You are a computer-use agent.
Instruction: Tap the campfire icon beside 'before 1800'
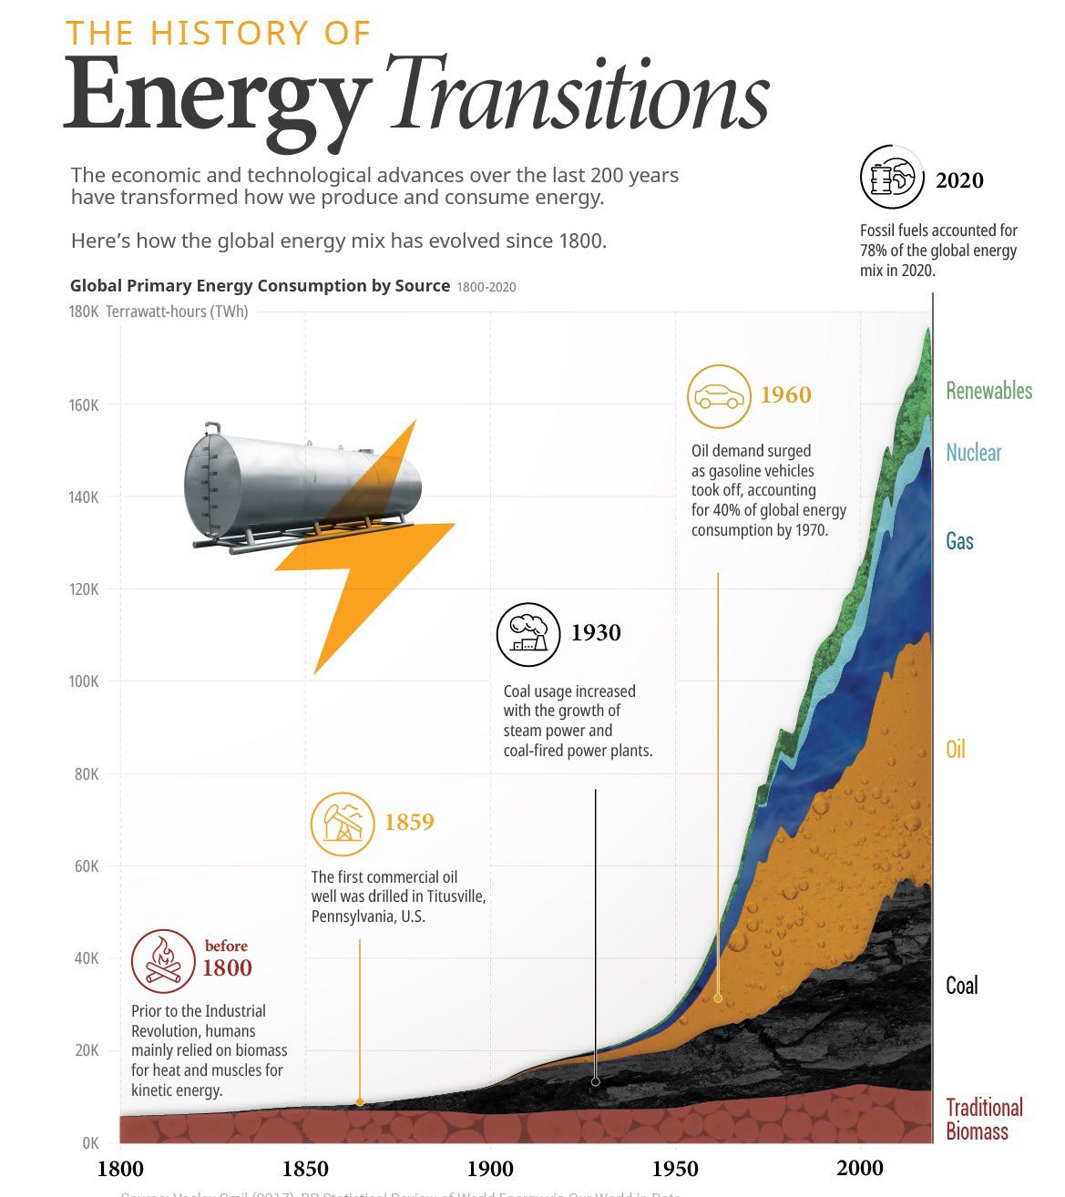pyautogui.click(x=164, y=961)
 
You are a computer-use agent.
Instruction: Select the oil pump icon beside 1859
pyautogui.click(x=343, y=824)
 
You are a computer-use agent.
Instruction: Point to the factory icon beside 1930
pyautogui.click(x=528, y=634)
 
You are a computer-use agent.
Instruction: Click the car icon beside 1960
pyautogui.click(x=719, y=396)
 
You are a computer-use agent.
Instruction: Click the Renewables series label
pyautogui.click(x=988, y=391)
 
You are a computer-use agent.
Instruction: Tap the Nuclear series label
pyautogui.click(x=973, y=453)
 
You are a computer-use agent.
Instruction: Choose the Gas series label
pyautogui.click(x=959, y=541)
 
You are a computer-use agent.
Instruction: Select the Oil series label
pyautogui.click(x=955, y=750)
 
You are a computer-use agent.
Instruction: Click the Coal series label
pyautogui.click(x=961, y=986)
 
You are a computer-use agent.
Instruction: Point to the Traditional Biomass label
pyautogui.click(x=983, y=1120)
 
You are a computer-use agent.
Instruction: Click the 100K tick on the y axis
pyautogui.click(x=84, y=681)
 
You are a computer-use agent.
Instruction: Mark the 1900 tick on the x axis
pyautogui.click(x=490, y=1169)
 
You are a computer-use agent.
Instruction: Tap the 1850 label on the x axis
pyautogui.click(x=305, y=1169)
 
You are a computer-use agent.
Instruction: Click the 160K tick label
pyautogui.click(x=84, y=404)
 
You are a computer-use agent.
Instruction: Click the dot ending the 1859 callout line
pyautogui.click(x=360, y=1102)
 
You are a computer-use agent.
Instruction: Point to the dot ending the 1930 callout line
pyautogui.click(x=596, y=1082)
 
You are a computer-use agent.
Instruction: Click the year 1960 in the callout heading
pyautogui.click(x=785, y=394)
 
